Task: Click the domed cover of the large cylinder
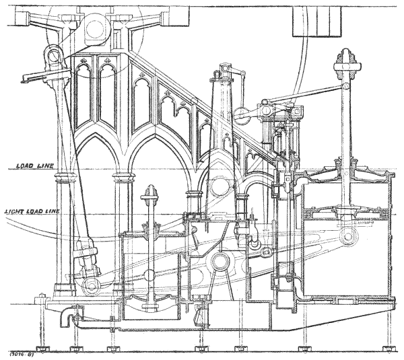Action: (343, 176)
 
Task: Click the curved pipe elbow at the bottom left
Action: (65, 316)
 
